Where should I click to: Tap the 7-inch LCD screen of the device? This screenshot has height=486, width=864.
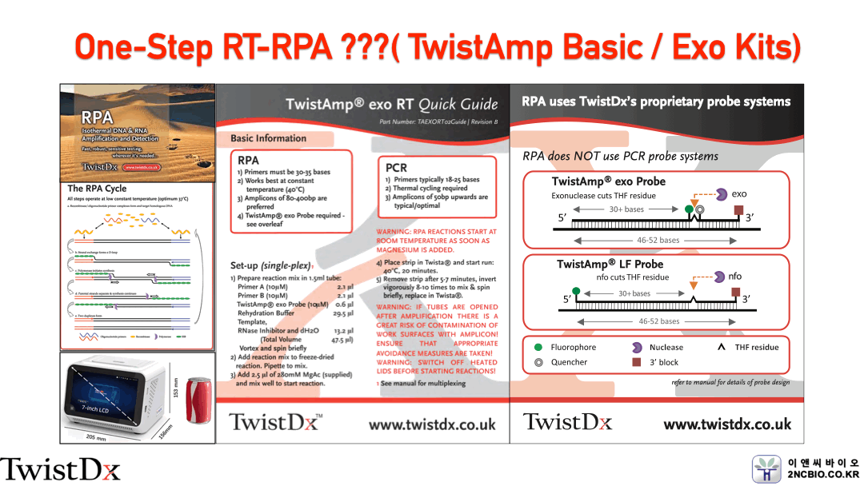coord(109,393)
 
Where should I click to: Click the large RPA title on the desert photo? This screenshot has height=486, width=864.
coord(97,118)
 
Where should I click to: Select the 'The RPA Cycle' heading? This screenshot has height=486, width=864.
coord(97,189)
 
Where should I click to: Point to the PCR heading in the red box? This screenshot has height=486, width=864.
coord(396,168)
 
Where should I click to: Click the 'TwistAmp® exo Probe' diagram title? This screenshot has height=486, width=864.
coord(608,181)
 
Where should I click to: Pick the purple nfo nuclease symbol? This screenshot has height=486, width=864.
coord(718,277)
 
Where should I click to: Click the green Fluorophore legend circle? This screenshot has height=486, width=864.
coord(537,348)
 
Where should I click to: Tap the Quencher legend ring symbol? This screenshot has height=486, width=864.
coord(537,362)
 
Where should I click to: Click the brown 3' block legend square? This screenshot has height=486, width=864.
coord(637,362)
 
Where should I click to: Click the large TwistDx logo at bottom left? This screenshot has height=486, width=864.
coord(60,468)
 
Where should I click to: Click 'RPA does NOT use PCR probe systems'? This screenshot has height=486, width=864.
coord(620,156)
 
